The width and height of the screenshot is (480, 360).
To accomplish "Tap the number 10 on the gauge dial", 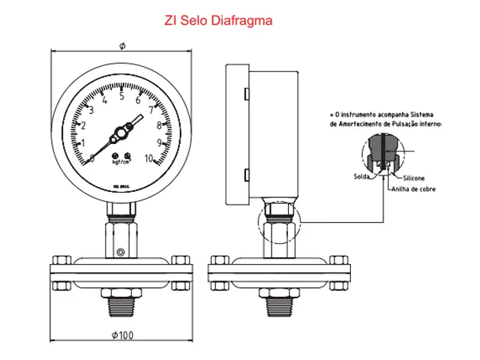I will pyautogui.click(x=150, y=157).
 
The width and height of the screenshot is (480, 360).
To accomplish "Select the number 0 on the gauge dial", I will pyautogui.click(x=91, y=157).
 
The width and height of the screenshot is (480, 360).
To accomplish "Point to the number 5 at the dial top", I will pyautogui.click(x=121, y=95).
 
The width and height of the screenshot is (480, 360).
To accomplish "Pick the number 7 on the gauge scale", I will pyautogui.click(x=151, y=109).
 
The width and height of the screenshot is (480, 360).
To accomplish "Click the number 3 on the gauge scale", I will pyautogui.click(x=91, y=110).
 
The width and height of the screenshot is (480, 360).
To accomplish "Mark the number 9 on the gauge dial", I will pyautogui.click(x=160, y=142).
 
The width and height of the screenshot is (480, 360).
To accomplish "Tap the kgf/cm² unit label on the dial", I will pyautogui.click(x=121, y=160).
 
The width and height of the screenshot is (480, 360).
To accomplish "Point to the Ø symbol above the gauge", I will pyautogui.click(x=122, y=46).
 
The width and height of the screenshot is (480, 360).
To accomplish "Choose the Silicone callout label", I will pyautogui.click(x=414, y=178).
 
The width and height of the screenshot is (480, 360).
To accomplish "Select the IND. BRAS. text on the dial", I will pyautogui.click(x=121, y=184).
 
